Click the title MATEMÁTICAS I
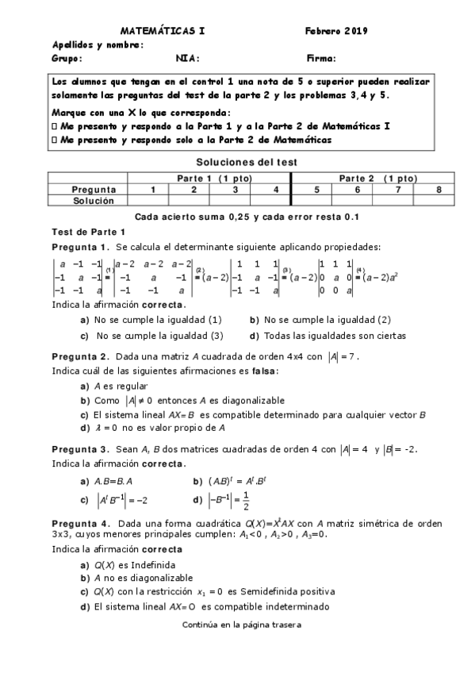[x=163, y=31]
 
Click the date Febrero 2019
[x=335, y=31]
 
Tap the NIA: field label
[x=187, y=58]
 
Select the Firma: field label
[x=321, y=58]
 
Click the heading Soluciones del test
[x=237, y=162]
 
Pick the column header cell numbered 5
[x=316, y=190]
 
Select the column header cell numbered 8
[x=439, y=190]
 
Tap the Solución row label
[x=94, y=201]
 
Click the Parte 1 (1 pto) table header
[x=209, y=179]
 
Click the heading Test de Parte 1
[x=83, y=231]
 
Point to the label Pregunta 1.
[x=80, y=247]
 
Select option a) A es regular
[x=115, y=386]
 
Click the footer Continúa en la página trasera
[x=241, y=624]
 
